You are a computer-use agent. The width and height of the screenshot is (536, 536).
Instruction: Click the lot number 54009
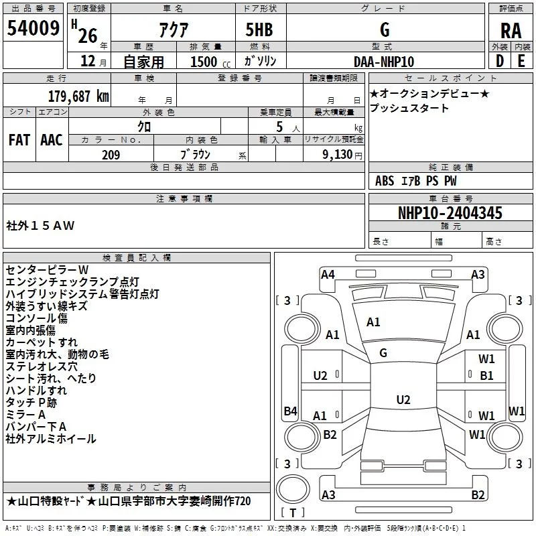click(x=33, y=29)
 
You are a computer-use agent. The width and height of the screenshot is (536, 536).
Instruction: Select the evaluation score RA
click(x=511, y=31)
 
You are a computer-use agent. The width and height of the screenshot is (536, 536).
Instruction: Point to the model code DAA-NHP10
click(x=384, y=61)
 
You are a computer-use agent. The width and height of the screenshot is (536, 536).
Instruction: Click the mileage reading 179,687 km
click(x=78, y=96)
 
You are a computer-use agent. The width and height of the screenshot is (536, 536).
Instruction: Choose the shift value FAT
click(x=19, y=139)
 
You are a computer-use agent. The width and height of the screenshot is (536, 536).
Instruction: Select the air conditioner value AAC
click(x=52, y=139)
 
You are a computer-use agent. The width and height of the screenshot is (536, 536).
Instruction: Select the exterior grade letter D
click(x=500, y=61)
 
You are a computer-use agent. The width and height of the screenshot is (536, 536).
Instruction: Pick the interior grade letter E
click(x=521, y=61)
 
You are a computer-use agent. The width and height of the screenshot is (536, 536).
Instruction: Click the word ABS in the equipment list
click(x=385, y=180)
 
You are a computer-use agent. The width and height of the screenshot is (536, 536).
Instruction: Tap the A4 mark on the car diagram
click(x=328, y=274)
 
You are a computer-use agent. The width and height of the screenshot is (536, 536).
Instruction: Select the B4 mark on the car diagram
click(x=290, y=411)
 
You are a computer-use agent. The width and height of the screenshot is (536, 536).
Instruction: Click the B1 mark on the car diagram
click(x=486, y=376)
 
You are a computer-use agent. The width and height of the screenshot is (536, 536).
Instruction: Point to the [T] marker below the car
click(x=292, y=513)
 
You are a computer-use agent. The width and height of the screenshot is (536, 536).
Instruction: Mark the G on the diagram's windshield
click(x=383, y=352)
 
